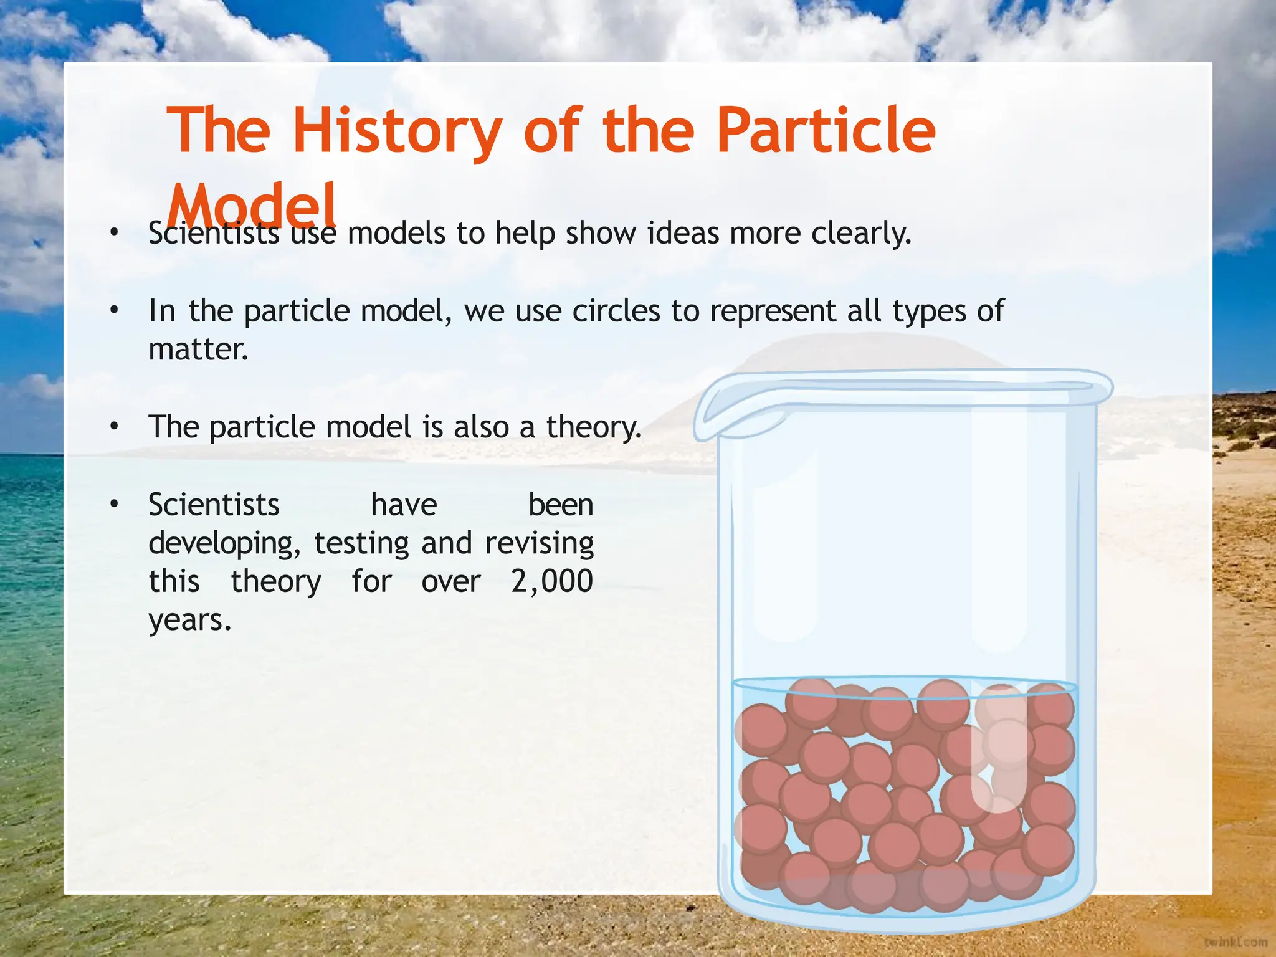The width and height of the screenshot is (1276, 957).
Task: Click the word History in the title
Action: click(x=397, y=131)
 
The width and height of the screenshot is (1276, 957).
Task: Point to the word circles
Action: click(x=616, y=311)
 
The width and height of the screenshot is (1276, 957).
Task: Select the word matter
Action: click(x=198, y=349)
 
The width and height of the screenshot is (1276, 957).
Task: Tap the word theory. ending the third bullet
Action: click(x=594, y=428)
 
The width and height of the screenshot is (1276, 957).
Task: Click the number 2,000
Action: click(x=552, y=582)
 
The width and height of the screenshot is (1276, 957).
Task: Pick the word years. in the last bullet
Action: click(x=190, y=621)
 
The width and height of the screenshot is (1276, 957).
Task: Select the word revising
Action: click(x=539, y=544)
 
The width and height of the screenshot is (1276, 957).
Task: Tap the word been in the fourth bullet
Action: click(x=561, y=505)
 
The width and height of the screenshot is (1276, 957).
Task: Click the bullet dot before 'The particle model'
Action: click(x=113, y=427)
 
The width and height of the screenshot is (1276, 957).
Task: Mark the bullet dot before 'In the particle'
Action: click(x=113, y=310)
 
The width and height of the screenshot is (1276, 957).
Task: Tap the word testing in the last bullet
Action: click(x=361, y=544)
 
